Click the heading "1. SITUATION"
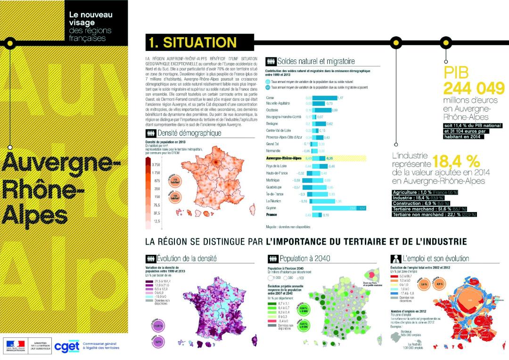(192, 42)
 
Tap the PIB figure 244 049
(467, 88)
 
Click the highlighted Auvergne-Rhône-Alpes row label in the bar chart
(284, 158)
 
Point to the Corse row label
(271, 98)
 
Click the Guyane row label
(271, 208)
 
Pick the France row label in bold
(272, 215)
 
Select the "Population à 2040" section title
(304, 259)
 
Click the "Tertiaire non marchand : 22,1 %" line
(434, 215)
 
